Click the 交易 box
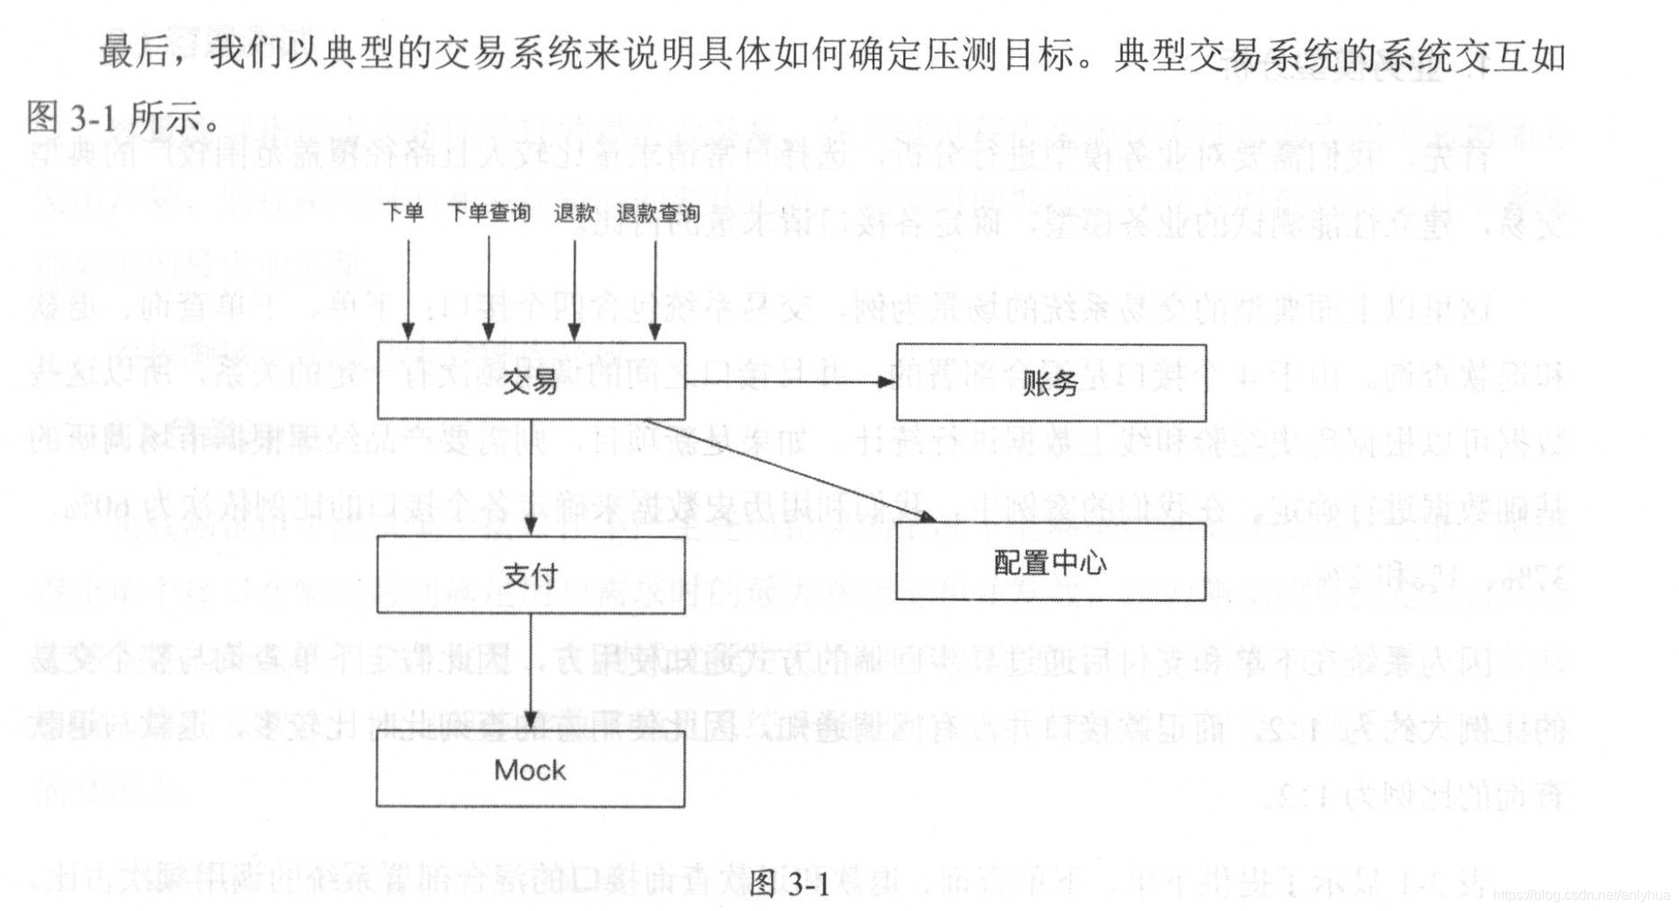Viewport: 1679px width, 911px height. (x=531, y=381)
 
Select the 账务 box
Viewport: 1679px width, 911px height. (x=1051, y=383)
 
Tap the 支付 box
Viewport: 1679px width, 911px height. (x=531, y=575)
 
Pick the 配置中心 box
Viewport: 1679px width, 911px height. (x=1051, y=562)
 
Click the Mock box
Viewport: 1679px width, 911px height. (x=531, y=769)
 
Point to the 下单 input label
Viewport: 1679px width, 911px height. (x=403, y=213)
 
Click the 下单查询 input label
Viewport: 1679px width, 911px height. (x=489, y=213)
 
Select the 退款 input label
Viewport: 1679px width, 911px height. (x=575, y=213)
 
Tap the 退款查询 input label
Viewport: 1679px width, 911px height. (x=657, y=213)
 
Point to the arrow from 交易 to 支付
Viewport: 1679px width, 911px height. (x=531, y=477)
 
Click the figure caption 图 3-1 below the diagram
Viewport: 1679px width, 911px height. (x=789, y=883)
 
